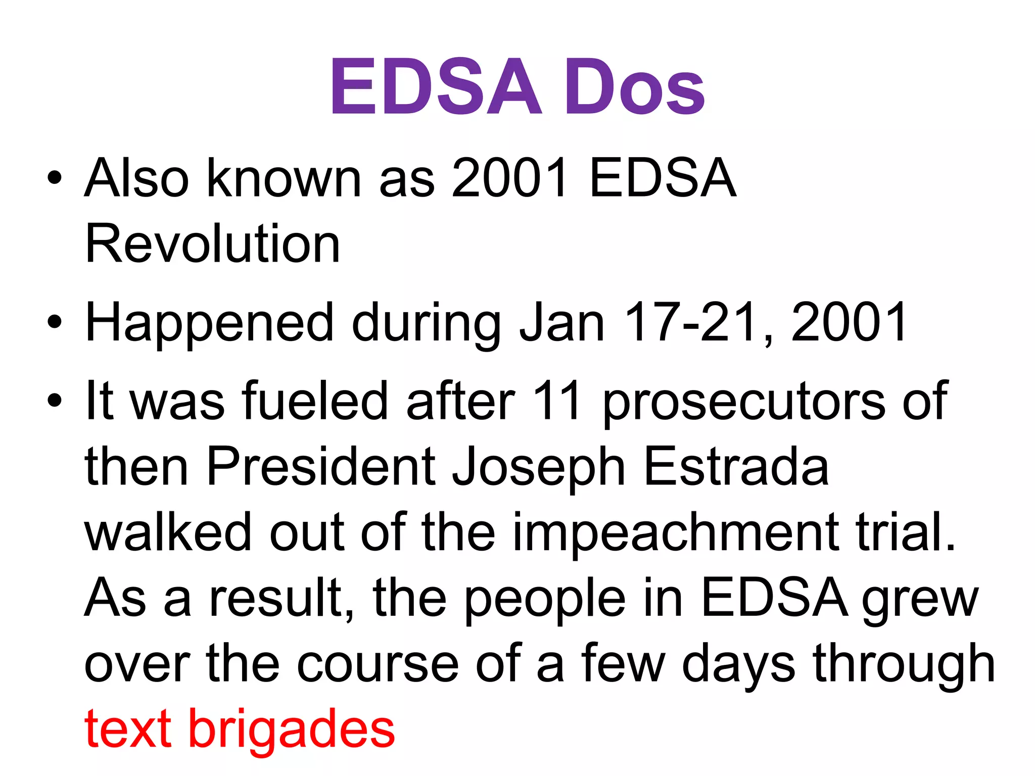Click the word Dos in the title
[x=634, y=87]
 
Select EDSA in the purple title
[x=436, y=87]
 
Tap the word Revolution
[x=213, y=244]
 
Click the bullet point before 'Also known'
[x=54, y=178]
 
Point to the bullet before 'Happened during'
[x=54, y=322]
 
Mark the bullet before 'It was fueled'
[x=54, y=401]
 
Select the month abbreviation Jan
[x=562, y=322]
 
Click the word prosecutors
[x=744, y=402]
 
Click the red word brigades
[x=292, y=730]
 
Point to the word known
[x=284, y=178]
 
